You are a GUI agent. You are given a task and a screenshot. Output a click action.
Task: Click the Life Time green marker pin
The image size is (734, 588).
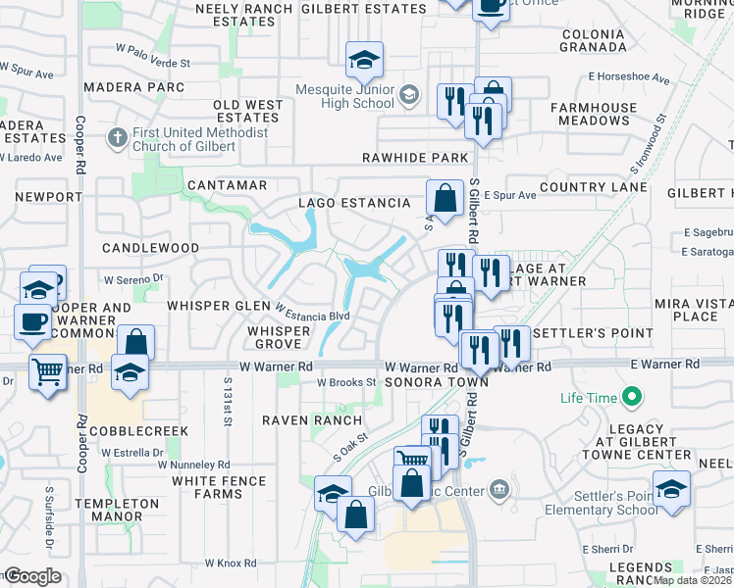(632, 398)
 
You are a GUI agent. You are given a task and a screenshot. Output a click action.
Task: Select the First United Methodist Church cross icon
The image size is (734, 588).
(117, 136)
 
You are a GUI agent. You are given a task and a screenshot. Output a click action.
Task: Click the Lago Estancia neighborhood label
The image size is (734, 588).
(354, 203)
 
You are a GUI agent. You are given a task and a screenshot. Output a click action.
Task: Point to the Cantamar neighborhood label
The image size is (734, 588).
(227, 184)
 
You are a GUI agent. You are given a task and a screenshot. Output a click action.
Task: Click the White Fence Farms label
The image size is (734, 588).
(219, 488)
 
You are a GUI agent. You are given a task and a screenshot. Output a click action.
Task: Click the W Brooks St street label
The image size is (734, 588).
(347, 382)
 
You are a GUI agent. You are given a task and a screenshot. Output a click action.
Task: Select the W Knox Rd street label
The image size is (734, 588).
(230, 563)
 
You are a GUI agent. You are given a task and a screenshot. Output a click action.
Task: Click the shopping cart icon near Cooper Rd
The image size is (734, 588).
(47, 371)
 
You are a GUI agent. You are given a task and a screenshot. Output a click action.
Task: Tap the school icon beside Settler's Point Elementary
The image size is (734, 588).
(672, 489)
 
